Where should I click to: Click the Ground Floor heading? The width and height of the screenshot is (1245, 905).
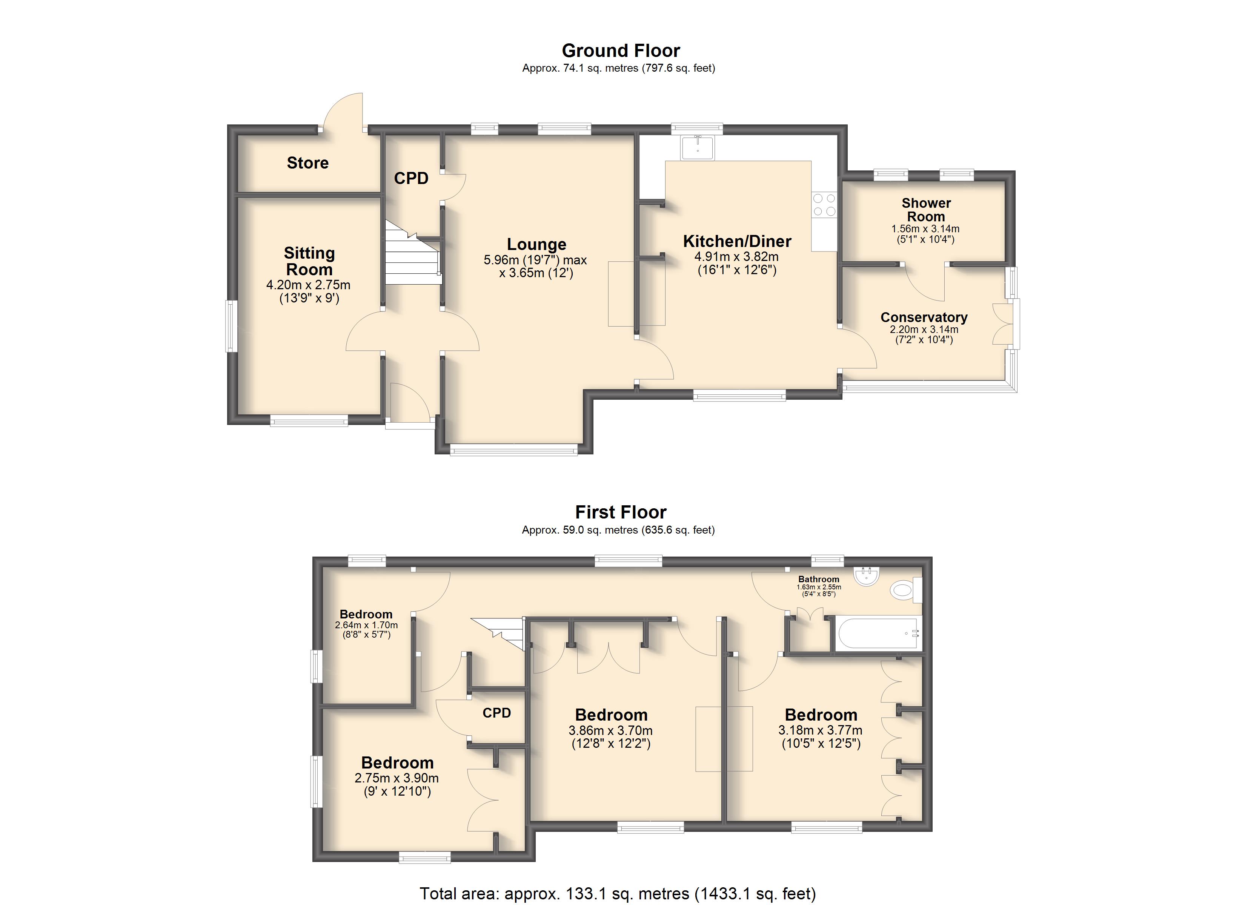pyautogui.click(x=621, y=51)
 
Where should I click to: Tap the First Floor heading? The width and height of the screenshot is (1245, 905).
pyautogui.click(x=621, y=512)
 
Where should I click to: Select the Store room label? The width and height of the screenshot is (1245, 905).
pyautogui.click(x=307, y=163)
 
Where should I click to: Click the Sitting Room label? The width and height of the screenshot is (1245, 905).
pyautogui.click(x=309, y=261)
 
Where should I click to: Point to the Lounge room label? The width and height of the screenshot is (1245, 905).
pyautogui.click(x=536, y=244)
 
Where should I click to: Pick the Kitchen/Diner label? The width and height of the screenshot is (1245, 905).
pyautogui.click(x=737, y=241)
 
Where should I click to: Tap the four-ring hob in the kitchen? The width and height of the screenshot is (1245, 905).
pyautogui.click(x=824, y=205)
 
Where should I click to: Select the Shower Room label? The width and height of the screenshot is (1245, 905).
pyautogui.click(x=926, y=210)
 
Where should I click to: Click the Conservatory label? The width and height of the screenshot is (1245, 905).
pyautogui.click(x=924, y=317)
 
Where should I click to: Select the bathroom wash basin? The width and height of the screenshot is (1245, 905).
pyautogui.click(x=867, y=576)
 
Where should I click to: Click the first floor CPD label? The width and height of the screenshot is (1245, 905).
pyautogui.click(x=497, y=713)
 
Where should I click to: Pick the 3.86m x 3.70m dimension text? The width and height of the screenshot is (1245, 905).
pyautogui.click(x=610, y=730)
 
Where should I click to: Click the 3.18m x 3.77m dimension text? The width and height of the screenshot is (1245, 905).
pyautogui.click(x=820, y=730)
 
